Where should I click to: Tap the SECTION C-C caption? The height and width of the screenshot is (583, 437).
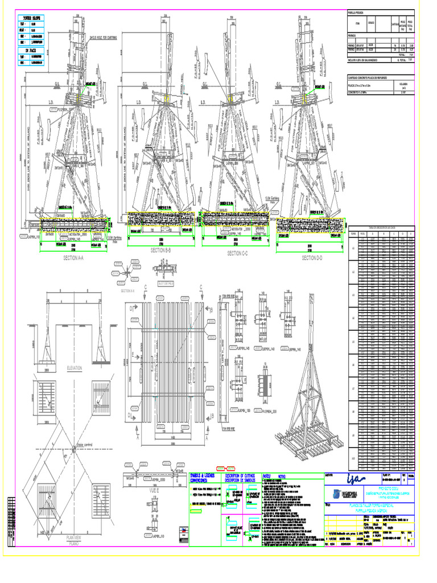(242, 253)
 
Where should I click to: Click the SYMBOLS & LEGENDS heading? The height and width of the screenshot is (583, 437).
(205, 475)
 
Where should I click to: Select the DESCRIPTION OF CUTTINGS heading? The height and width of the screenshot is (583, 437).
(241, 475)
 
